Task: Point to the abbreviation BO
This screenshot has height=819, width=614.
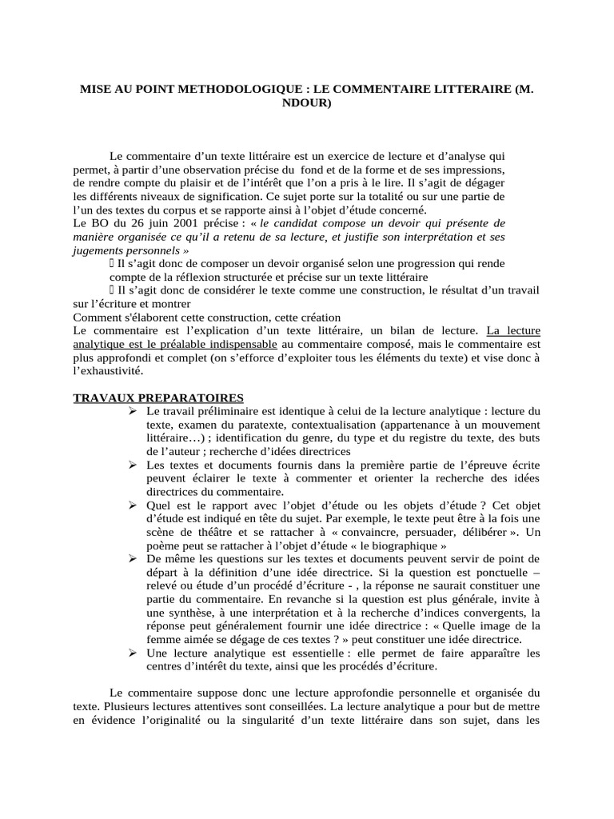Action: (x=102, y=222)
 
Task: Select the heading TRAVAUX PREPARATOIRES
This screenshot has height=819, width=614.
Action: (x=159, y=398)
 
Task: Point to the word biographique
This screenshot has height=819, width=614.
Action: (x=411, y=545)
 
